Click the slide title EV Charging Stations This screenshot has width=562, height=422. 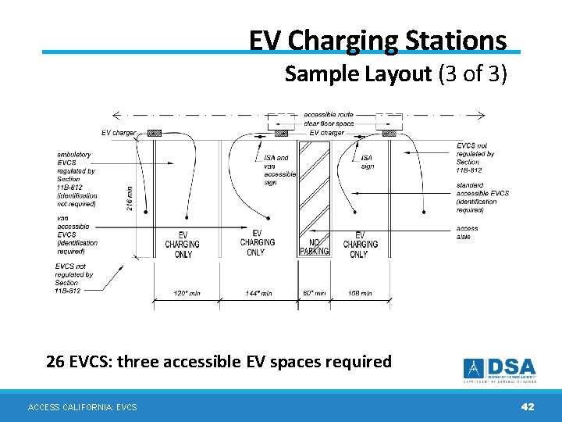[x=378, y=39]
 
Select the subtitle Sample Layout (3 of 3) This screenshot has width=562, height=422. [x=396, y=74]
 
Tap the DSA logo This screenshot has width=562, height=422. [x=500, y=370]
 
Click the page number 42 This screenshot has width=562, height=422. [x=528, y=406]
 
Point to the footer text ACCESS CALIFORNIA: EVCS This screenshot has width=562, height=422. [x=82, y=407]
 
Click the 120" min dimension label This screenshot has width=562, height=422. [x=187, y=293]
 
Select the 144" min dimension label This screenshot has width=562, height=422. [x=258, y=293]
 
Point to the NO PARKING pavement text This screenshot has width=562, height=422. [x=315, y=246]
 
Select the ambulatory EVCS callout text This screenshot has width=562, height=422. [x=76, y=179]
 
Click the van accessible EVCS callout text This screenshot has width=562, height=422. [x=76, y=234]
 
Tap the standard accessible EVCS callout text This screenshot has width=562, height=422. [x=482, y=198]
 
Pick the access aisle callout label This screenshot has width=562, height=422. [x=467, y=233]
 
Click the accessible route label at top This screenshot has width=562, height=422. [x=328, y=115]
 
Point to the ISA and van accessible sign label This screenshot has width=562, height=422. [x=280, y=170]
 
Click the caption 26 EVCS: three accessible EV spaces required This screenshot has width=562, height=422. [x=219, y=362]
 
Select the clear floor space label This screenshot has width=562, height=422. [x=328, y=123]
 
